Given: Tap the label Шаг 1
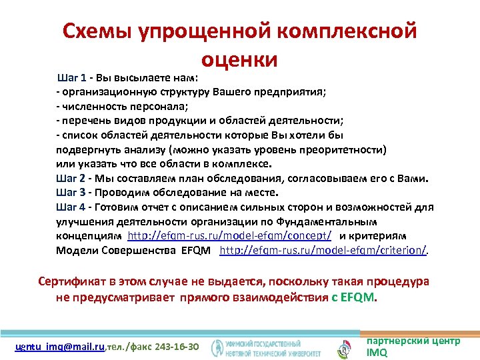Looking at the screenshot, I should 74,77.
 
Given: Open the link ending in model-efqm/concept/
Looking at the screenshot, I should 229,236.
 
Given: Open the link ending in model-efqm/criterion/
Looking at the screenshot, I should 323,251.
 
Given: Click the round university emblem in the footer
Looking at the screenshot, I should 218,347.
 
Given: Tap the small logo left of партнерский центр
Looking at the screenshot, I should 344,347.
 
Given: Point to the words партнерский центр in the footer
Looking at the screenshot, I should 413,341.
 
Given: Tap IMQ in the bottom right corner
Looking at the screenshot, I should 377,353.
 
